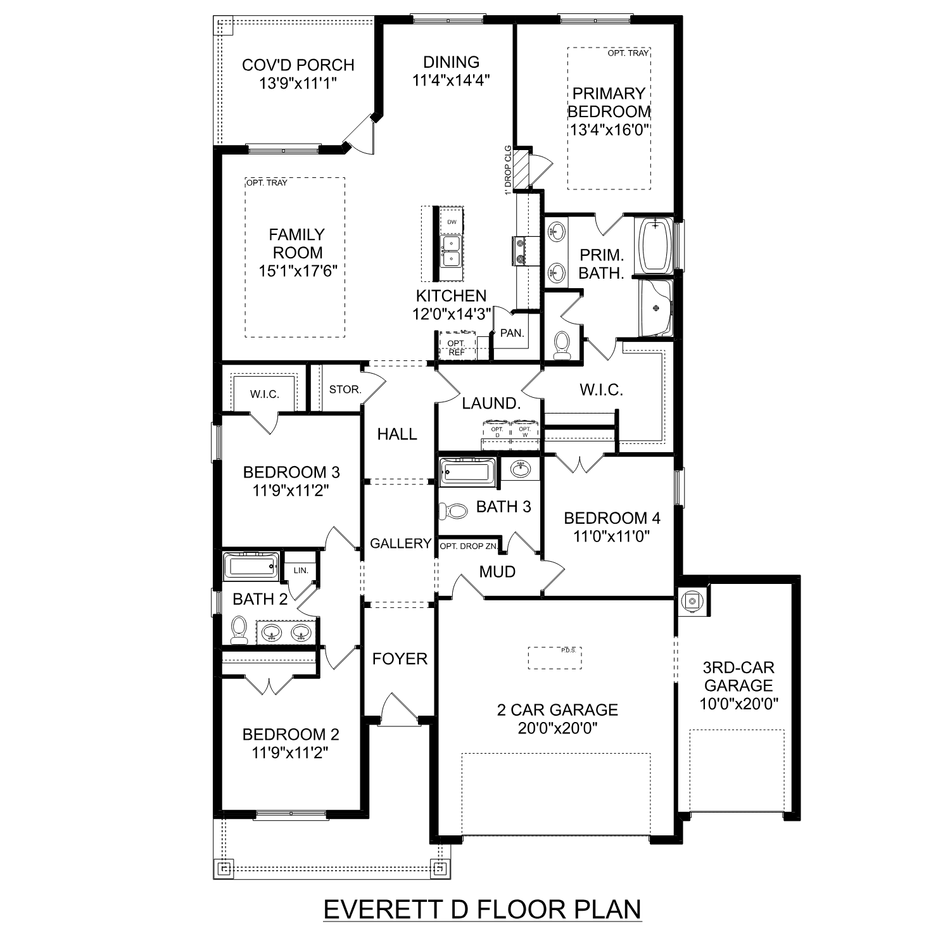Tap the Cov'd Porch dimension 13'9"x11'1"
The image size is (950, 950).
pos(298,83)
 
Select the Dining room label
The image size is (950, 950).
pos(451,62)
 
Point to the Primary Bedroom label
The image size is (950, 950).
pos(609,103)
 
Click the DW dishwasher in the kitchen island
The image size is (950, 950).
pos(452,222)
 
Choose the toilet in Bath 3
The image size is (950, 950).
pos(453,510)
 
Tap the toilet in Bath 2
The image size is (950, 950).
pos(239,629)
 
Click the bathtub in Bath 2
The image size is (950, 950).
pos(251,565)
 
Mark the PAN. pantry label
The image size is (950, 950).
pos(512,333)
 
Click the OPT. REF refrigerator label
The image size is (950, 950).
pos(456,347)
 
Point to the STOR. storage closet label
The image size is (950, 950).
pos(345,389)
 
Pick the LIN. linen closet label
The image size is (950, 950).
pos(300,570)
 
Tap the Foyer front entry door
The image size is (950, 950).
pos(398,708)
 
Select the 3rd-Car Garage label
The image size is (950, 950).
pos(738,676)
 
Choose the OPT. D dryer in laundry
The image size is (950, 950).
pos(497,433)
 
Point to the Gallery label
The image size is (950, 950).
pos(400,543)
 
